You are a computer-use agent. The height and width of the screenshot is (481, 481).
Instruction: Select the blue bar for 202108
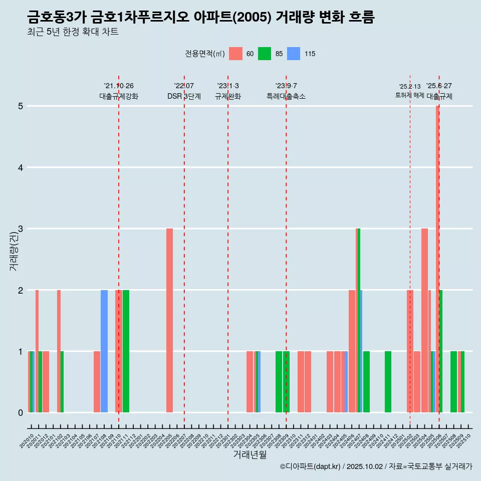click(x=104, y=351)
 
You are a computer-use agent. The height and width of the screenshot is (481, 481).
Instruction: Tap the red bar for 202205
click(x=169, y=321)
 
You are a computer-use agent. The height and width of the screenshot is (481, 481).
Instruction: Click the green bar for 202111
click(x=126, y=351)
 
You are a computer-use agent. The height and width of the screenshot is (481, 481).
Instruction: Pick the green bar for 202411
click(x=388, y=382)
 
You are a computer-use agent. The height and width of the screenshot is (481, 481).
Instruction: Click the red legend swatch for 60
click(x=235, y=54)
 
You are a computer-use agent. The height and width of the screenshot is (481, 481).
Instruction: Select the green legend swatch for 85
click(x=265, y=54)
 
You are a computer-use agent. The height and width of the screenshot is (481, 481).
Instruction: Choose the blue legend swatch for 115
click(x=294, y=54)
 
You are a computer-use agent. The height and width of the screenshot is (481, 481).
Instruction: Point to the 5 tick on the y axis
click(x=21, y=106)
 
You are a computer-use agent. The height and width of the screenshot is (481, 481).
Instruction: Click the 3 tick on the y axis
click(x=21, y=229)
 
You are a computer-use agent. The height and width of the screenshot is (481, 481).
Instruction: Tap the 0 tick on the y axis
click(x=21, y=413)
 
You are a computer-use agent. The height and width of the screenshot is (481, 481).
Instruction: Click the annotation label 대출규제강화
click(x=119, y=96)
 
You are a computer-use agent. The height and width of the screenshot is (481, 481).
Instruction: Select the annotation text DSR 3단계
click(x=184, y=96)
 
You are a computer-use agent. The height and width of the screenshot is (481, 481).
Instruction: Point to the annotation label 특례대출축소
click(x=286, y=96)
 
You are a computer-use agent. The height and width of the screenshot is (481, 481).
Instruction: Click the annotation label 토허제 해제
click(x=410, y=95)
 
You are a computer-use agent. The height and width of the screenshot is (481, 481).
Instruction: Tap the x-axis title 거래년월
click(x=250, y=454)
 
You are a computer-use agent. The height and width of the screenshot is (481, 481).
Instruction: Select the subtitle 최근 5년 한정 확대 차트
click(x=73, y=33)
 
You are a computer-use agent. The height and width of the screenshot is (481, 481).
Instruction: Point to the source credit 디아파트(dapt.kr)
click(x=311, y=466)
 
